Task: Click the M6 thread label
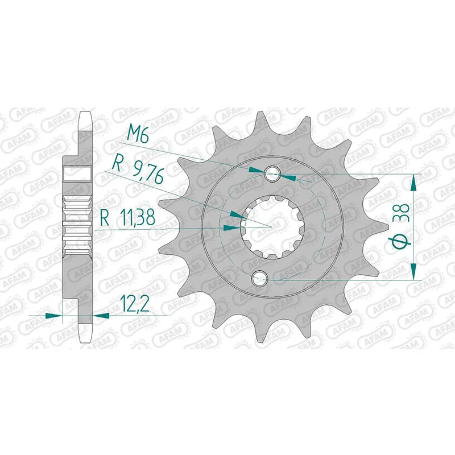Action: coord(138,135)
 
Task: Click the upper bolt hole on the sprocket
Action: coord(272,173)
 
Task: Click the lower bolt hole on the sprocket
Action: coord(261,278)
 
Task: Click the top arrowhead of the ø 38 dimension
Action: coord(414,181)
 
